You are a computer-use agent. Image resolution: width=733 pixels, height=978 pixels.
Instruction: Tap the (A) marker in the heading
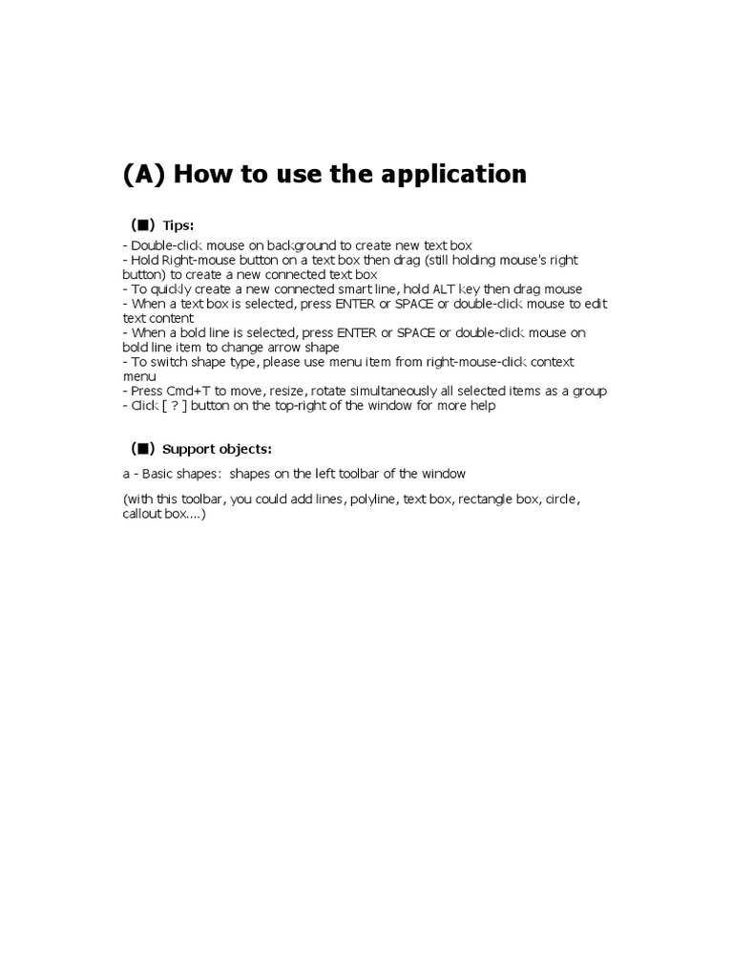click(x=144, y=175)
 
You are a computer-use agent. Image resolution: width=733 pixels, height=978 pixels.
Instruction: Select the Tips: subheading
click(x=178, y=225)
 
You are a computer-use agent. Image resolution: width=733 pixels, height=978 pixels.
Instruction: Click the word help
click(x=481, y=405)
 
